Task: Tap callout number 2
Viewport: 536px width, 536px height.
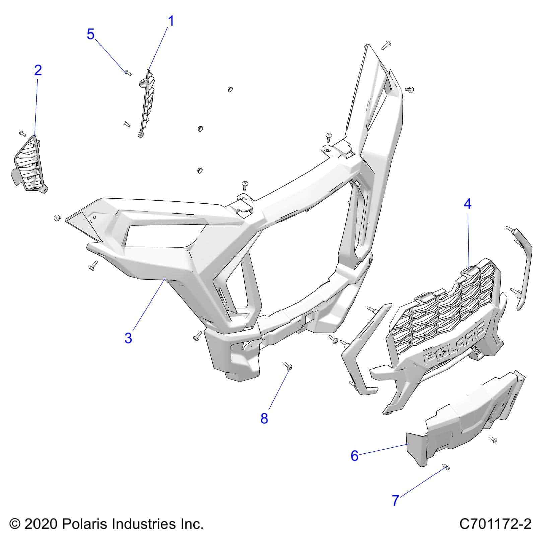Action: pos(38,70)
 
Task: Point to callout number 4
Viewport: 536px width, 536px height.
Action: pos(467,204)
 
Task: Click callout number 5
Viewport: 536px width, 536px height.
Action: pos(91,34)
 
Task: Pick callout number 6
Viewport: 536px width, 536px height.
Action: pos(354,456)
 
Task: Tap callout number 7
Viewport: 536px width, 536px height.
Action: pos(396,510)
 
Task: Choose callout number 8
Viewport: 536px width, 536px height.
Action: pos(264,418)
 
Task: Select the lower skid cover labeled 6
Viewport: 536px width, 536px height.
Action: pos(466,419)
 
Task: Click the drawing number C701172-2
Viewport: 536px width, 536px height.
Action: pos(495,524)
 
